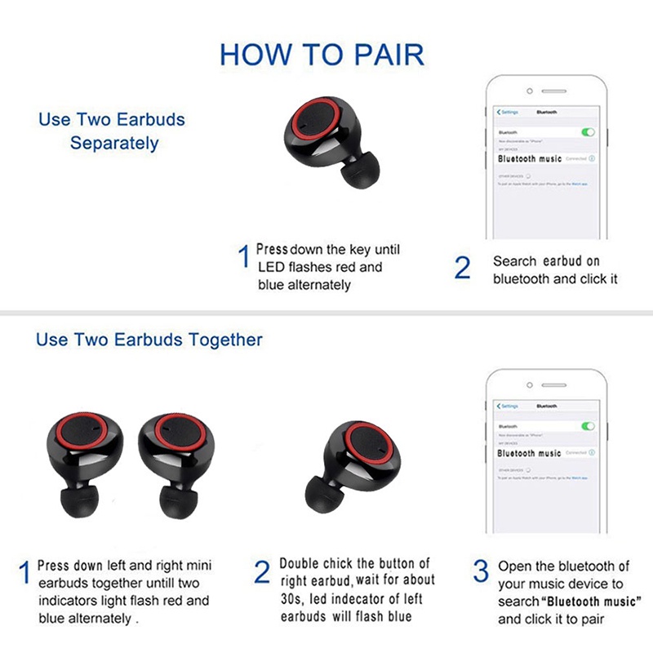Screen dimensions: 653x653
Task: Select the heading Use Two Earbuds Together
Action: click(x=149, y=339)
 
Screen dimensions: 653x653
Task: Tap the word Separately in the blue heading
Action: click(x=114, y=144)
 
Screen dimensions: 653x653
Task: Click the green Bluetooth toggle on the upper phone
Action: click(x=587, y=131)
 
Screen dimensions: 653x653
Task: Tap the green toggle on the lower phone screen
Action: click(x=587, y=426)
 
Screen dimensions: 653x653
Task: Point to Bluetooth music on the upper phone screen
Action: click(x=530, y=158)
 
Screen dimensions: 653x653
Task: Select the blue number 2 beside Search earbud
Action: click(x=462, y=269)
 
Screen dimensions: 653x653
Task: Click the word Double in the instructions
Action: click(x=299, y=564)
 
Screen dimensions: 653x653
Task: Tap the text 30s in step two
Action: click(x=291, y=599)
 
